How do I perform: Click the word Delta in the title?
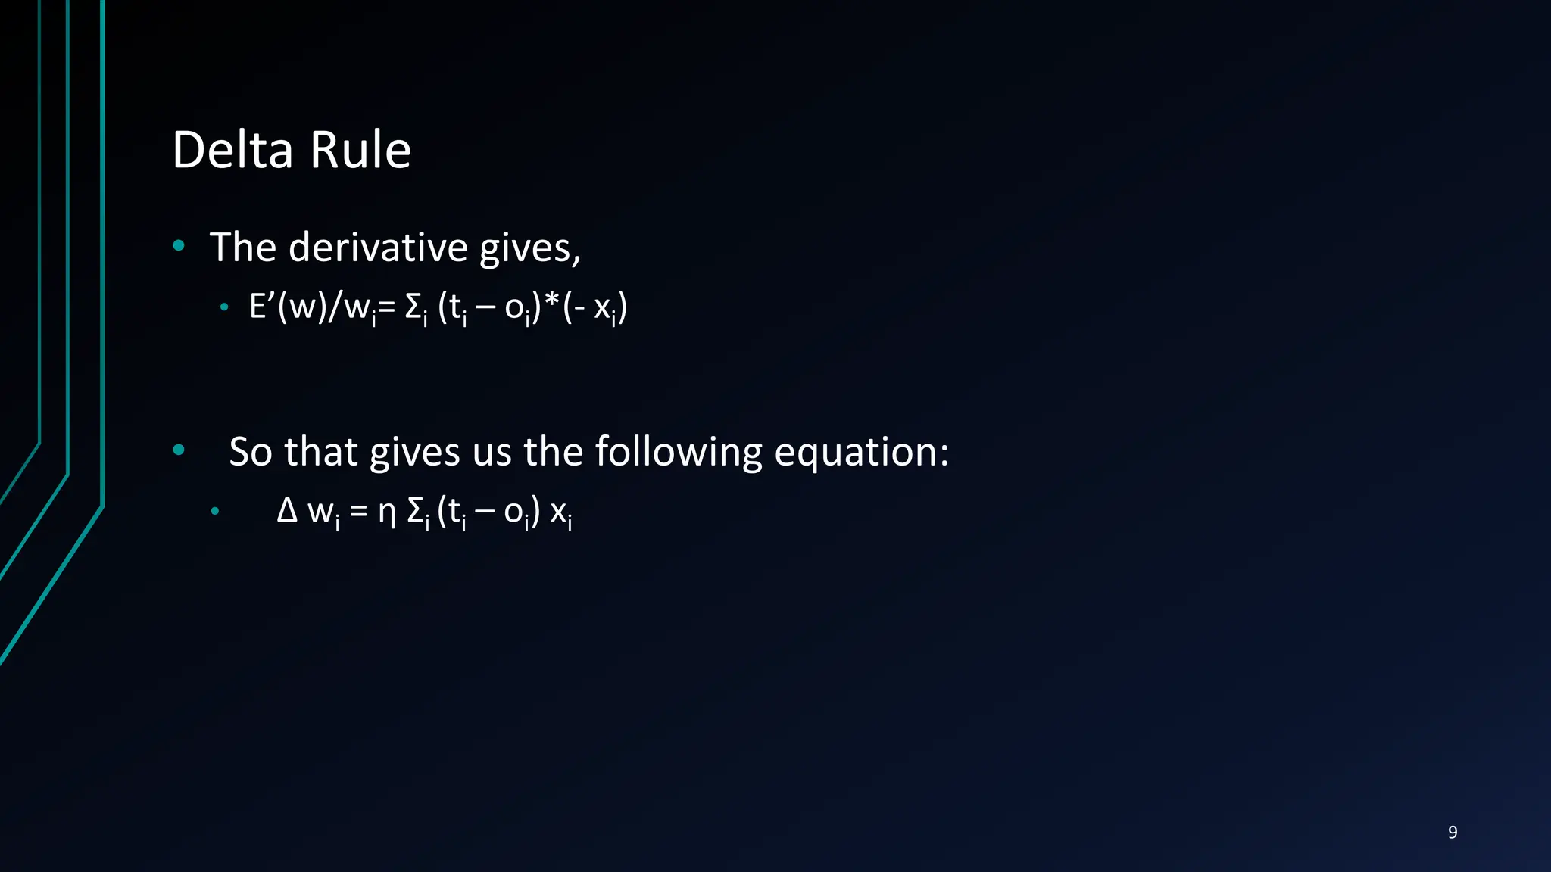[232, 150]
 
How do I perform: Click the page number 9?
[1452, 832]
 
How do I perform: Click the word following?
[678, 452]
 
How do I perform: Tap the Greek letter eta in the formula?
[387, 512]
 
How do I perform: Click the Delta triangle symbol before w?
[287, 511]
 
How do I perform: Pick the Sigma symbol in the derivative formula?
[414, 308]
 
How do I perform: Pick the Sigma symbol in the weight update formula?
[416, 512]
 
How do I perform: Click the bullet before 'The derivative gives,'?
[179, 244]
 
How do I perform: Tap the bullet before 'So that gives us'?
[179, 450]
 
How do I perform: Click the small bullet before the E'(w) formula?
[224, 307]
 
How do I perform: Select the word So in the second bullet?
[250, 452]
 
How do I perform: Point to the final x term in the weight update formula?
[560, 514]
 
